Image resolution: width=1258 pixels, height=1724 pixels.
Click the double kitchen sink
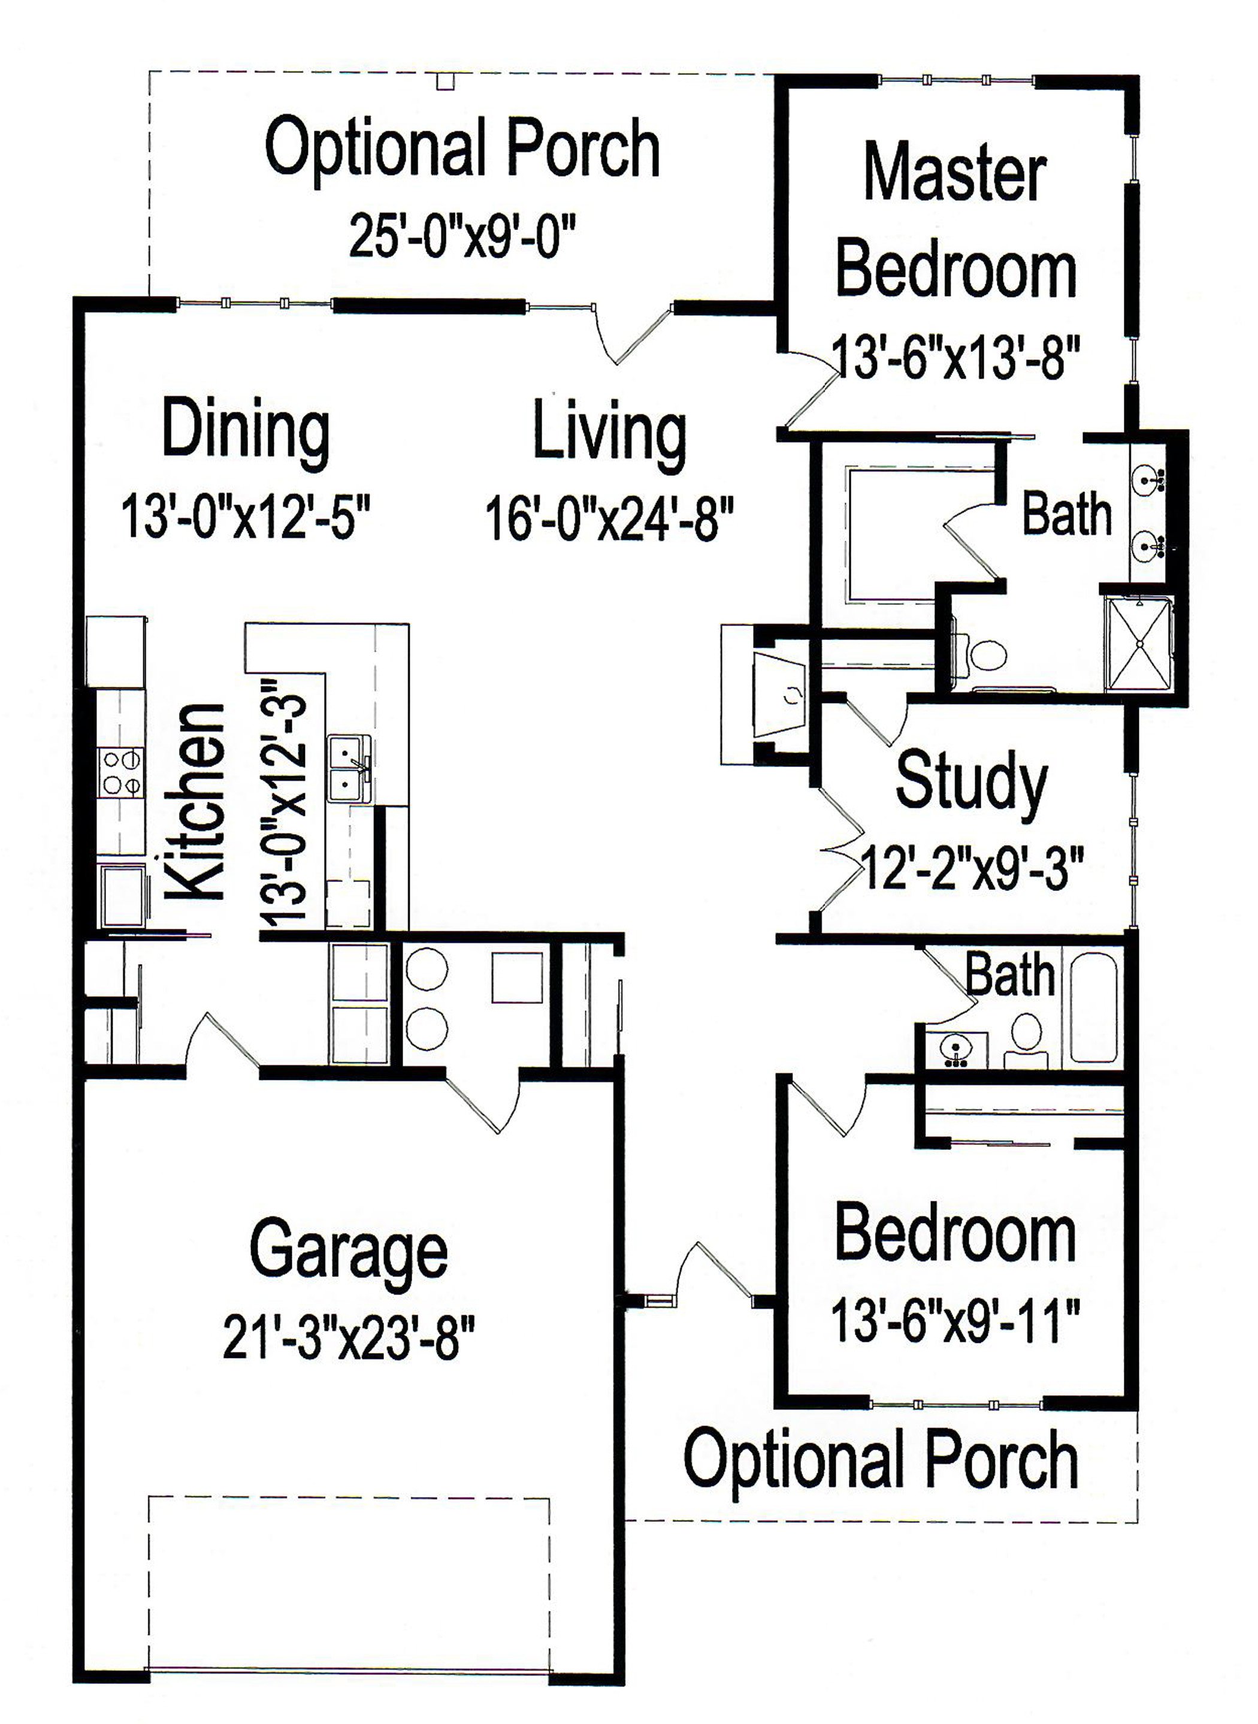point(349,767)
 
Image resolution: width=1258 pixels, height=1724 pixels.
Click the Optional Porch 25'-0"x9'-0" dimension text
point(462,235)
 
